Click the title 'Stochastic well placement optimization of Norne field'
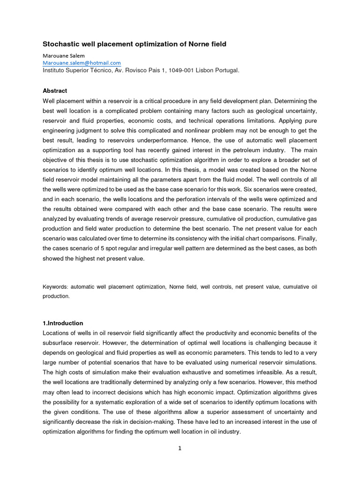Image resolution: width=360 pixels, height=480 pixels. tap(135, 44)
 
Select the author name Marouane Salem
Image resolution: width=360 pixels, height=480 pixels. tap(64, 55)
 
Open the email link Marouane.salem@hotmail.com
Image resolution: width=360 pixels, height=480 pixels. tap(82, 63)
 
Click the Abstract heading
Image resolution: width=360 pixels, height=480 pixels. tap(55, 90)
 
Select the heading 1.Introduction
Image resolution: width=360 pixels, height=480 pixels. tap(63, 323)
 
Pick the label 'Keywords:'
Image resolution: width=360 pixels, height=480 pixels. tap(54, 286)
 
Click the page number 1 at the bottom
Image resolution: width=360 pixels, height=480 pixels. tap(180, 448)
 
